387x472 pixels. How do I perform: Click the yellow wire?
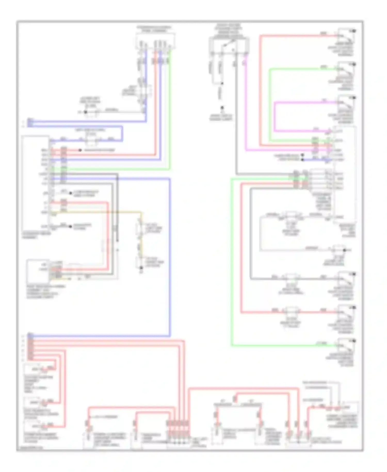click(x=98, y=212)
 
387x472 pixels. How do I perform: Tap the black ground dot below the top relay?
click(x=222, y=108)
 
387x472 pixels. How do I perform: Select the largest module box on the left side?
click(x=35, y=183)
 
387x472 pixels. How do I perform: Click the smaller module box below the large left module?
click(x=38, y=271)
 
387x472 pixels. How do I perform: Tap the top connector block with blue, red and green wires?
click(x=155, y=41)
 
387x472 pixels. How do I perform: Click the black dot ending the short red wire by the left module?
click(x=80, y=150)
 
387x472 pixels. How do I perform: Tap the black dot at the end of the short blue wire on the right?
click(x=303, y=160)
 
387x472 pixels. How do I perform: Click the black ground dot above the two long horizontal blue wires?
click(x=85, y=112)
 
